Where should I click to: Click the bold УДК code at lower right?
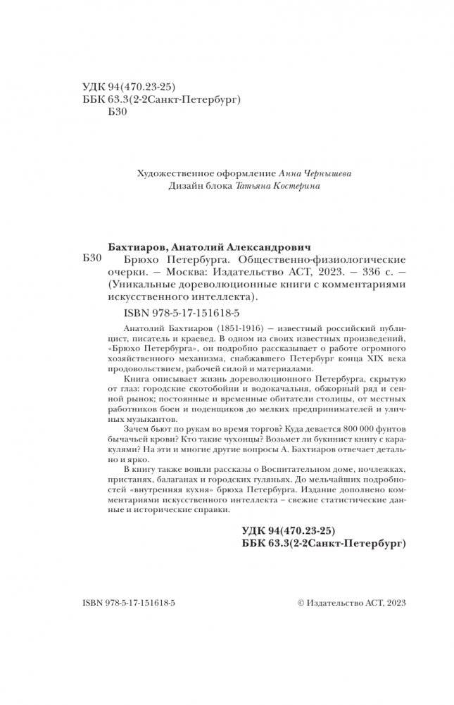[285, 529]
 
